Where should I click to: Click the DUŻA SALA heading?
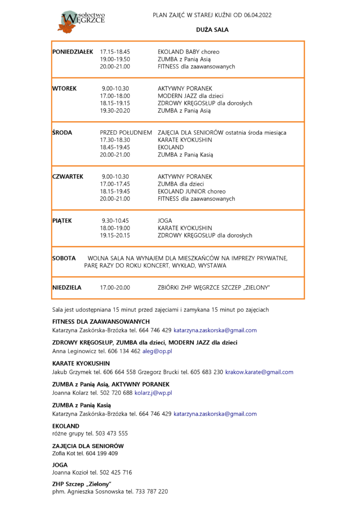pyautogui.click(x=212, y=30)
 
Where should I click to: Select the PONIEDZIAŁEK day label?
pyautogui.click(x=73, y=52)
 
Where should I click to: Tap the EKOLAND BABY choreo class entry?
pyautogui.click(x=188, y=52)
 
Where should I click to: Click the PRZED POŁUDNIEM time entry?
pyautogui.click(x=126, y=133)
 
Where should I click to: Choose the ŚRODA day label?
pyautogui.click(x=62, y=133)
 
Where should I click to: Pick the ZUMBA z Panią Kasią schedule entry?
pyautogui.click(x=185, y=155)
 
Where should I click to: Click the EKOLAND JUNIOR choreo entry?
pyautogui.click(x=191, y=191)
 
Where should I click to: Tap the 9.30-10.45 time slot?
pyautogui.click(x=115, y=221)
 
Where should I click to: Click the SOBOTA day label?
pyautogui.click(x=64, y=258)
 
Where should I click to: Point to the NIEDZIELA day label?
pyautogui.click(x=67, y=287)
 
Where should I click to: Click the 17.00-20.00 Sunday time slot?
pyautogui.click(x=115, y=287)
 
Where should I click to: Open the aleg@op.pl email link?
pyautogui.click(x=157, y=351)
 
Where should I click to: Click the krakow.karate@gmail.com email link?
pyautogui.click(x=259, y=372)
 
